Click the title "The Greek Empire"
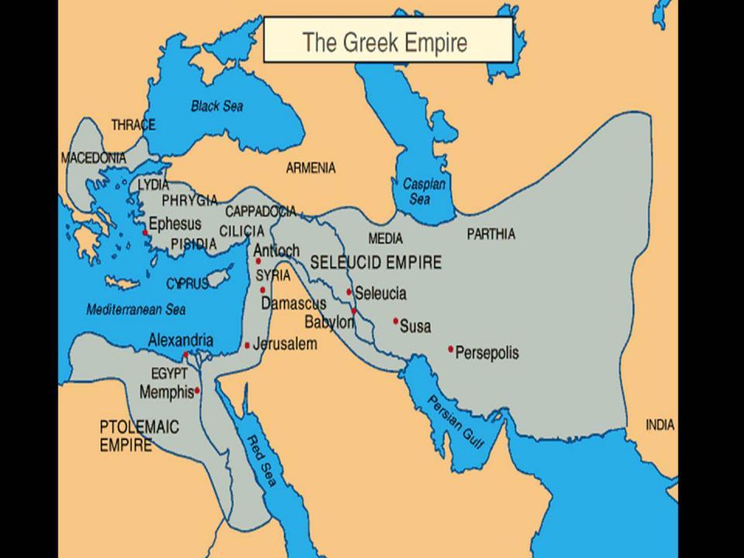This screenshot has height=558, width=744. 385,41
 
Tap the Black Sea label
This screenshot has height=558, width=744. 218,106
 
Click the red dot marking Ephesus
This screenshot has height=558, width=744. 145,232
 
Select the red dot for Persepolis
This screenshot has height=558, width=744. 450,349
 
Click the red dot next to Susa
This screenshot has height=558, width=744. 395,320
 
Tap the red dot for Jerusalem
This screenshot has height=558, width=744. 247,345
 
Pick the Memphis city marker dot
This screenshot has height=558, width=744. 198,391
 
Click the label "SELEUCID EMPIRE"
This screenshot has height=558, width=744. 376,262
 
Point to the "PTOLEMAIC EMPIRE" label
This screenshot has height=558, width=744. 139,436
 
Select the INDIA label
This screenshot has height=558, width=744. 660,425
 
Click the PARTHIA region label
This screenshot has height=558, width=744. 491,234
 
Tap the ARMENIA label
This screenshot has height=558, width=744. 311,167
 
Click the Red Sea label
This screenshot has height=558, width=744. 260,460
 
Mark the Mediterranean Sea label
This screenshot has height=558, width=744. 136,309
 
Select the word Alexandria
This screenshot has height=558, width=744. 181,340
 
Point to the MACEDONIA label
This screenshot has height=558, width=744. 93,157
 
